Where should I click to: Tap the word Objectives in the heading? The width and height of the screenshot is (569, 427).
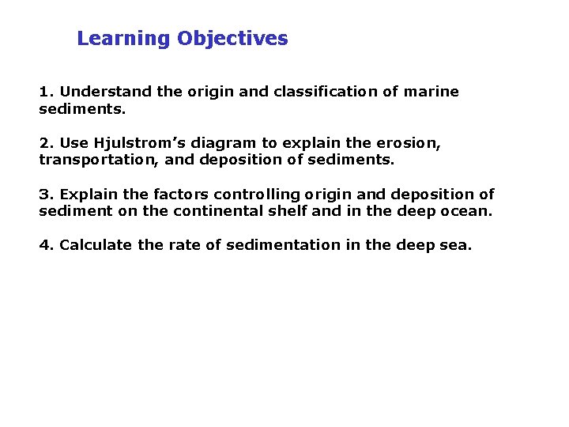point(232,39)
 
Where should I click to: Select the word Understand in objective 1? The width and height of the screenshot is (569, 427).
point(106,92)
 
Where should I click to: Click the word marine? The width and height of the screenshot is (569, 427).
point(431,92)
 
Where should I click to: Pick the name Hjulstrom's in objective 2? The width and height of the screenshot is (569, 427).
point(132,143)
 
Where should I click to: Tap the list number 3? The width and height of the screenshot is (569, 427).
point(45,195)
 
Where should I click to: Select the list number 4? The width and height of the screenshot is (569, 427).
point(45,245)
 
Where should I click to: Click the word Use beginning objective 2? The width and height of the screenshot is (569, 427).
point(73,143)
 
